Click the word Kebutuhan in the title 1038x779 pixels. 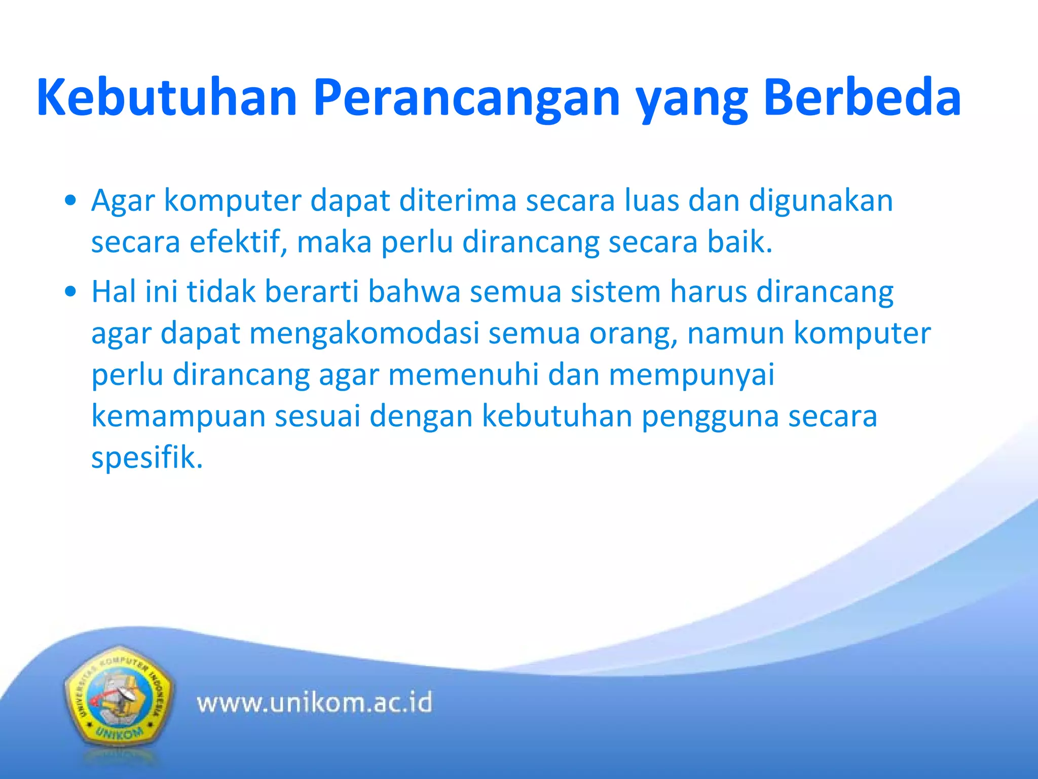point(167,97)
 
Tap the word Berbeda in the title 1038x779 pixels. point(861,97)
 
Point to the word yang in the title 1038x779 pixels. point(691,101)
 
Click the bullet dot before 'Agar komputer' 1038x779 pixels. point(71,201)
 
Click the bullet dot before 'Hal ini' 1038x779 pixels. point(71,292)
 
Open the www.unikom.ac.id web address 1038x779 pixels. point(314,703)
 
